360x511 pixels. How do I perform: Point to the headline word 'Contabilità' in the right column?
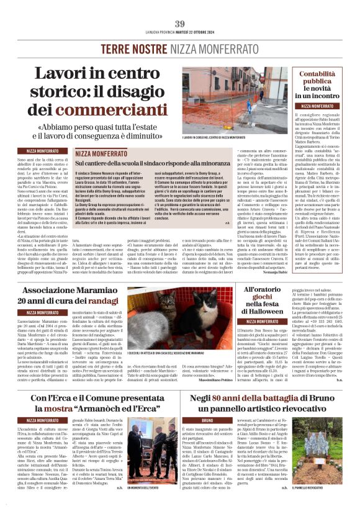coord(317,74)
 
